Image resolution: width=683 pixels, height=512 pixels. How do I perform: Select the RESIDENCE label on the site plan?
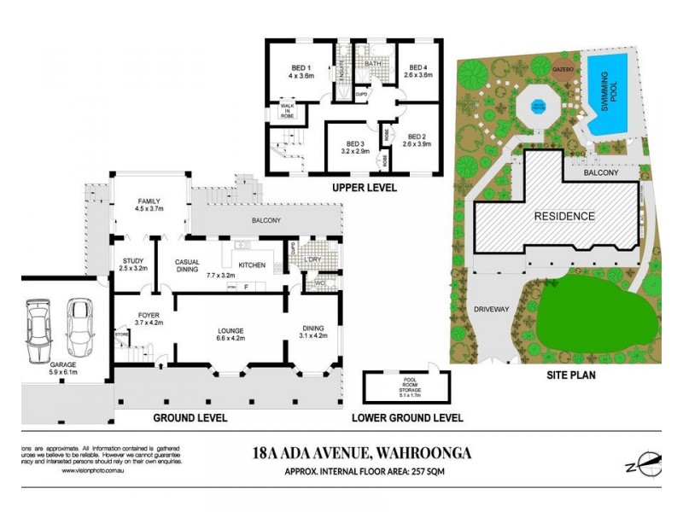coord(564,216)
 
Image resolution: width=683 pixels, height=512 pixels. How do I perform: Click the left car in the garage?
coord(39,331)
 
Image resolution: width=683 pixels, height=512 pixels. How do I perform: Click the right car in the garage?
coord(79,329)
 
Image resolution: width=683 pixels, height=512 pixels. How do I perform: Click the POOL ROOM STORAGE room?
coord(395,388)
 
